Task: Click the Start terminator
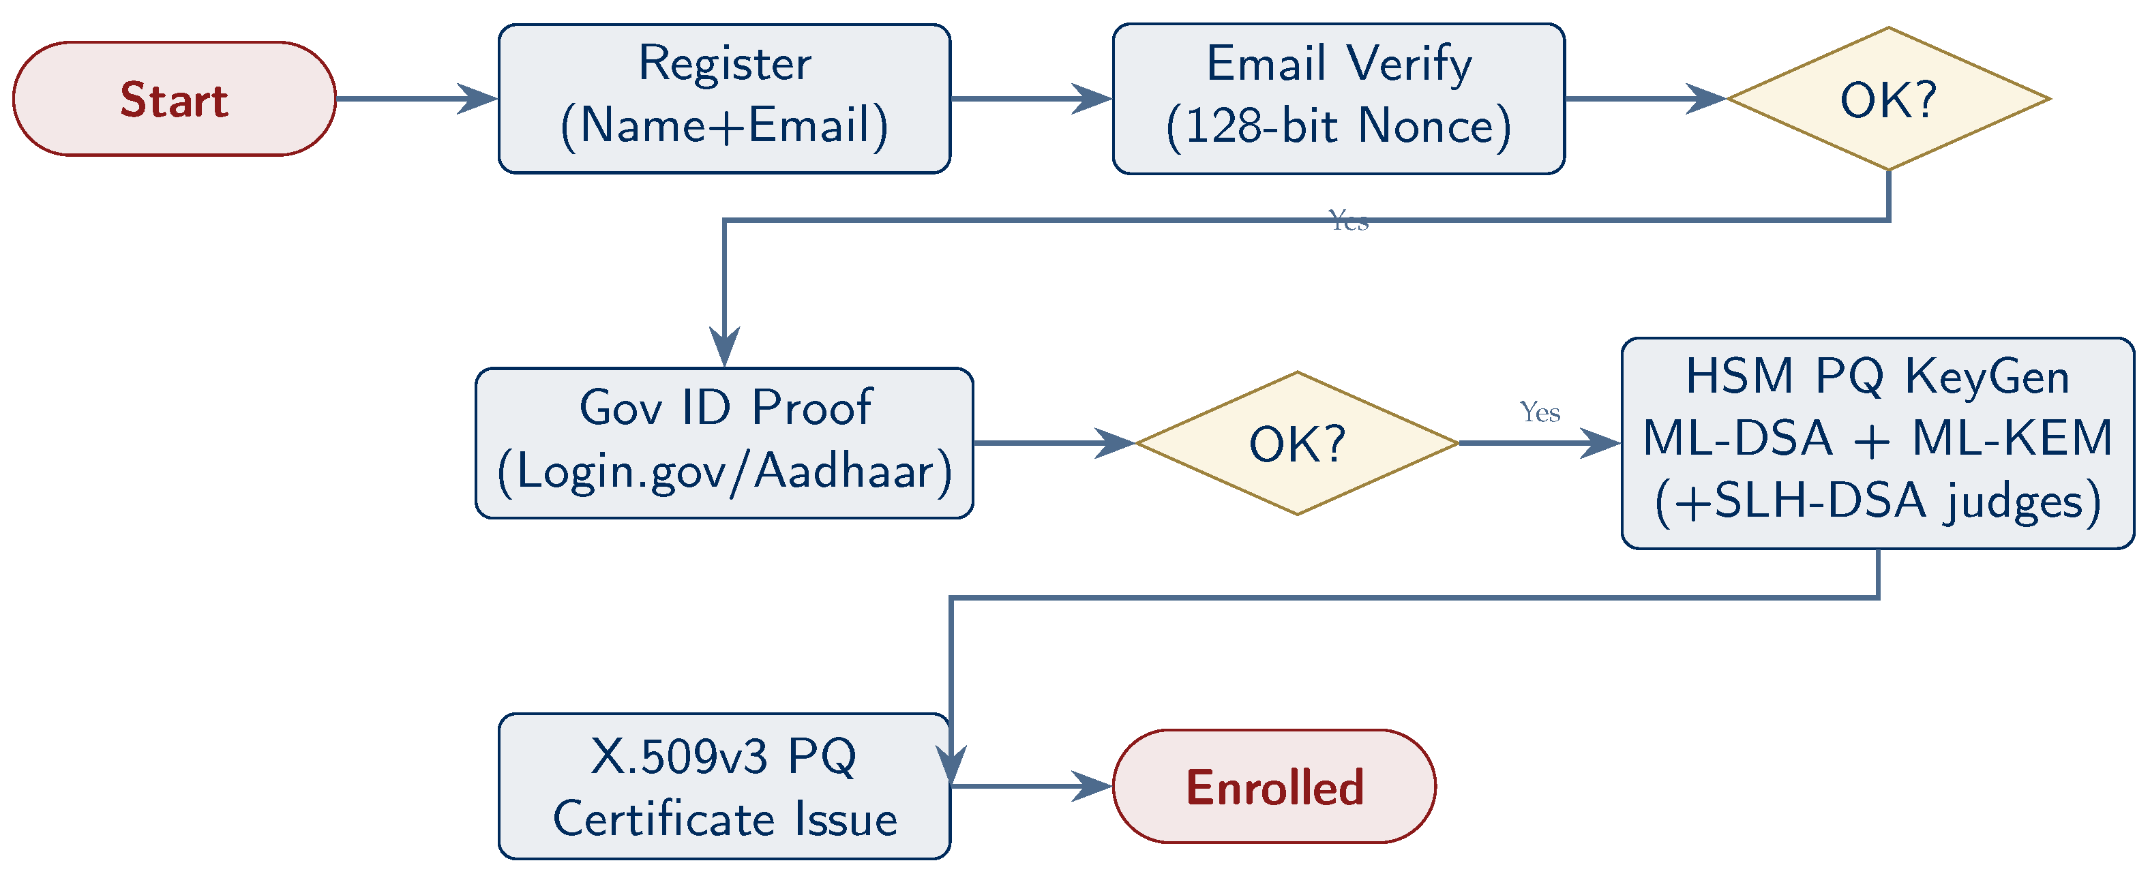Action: [174, 98]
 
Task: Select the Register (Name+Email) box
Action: [723, 98]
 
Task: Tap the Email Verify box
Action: [1338, 98]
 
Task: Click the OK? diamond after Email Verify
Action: [1888, 98]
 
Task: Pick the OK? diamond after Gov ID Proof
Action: [1297, 443]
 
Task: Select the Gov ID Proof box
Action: [723, 443]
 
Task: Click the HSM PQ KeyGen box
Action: [1877, 443]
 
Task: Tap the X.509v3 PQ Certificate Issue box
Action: [723, 786]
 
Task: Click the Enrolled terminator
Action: [1274, 786]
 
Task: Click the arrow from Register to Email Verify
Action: [1031, 98]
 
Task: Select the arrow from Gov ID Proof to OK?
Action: [1054, 443]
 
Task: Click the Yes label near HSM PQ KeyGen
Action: [1539, 412]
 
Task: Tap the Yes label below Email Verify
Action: [1348, 221]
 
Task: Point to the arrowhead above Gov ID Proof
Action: [723, 346]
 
